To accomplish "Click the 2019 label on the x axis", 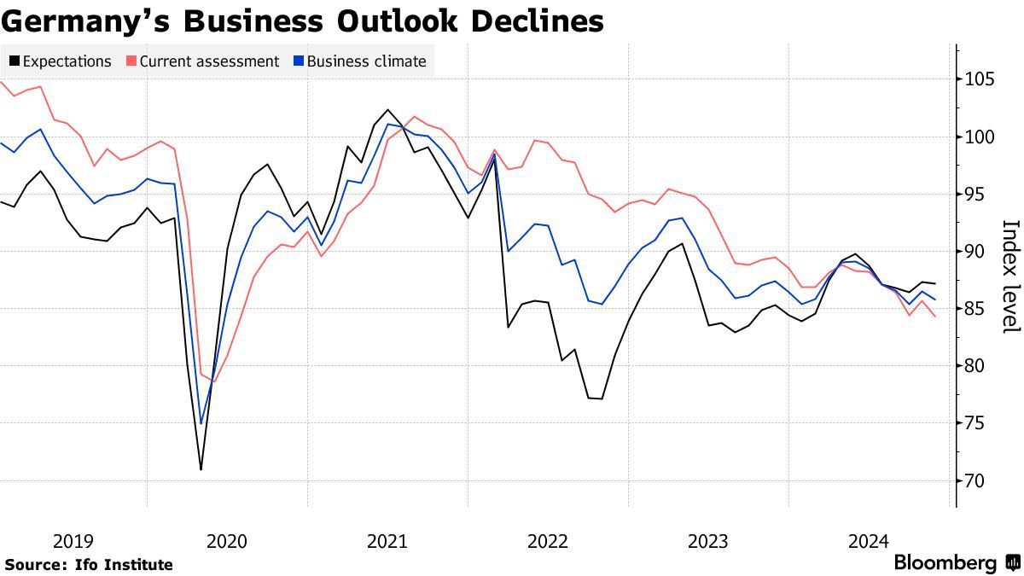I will click(73, 541).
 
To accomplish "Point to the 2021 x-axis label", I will click(387, 541).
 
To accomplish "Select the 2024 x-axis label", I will click(869, 541).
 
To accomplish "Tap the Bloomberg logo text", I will click(945, 563).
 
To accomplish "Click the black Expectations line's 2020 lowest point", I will click(201, 469).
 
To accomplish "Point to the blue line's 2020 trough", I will click(201, 423).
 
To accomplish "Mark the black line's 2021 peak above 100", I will click(388, 109).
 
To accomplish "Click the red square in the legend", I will click(131, 61).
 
